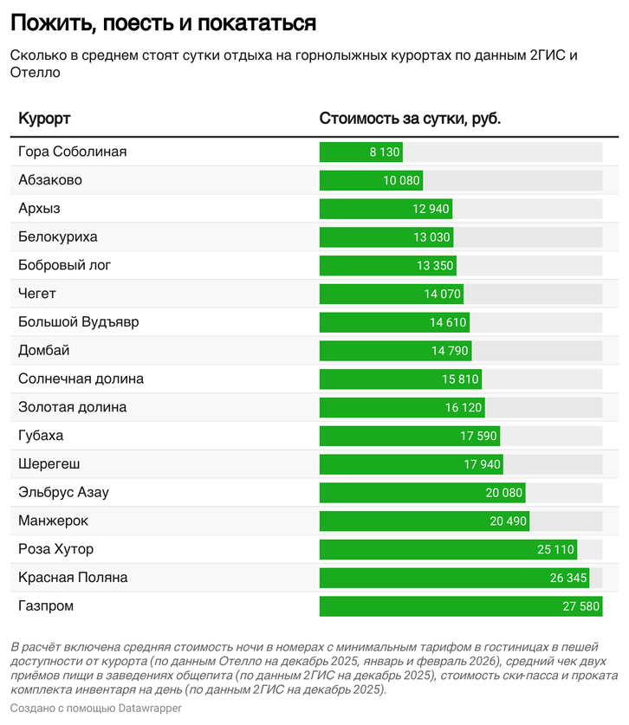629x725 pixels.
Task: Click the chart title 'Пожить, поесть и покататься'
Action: (x=164, y=22)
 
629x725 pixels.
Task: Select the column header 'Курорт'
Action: (x=44, y=118)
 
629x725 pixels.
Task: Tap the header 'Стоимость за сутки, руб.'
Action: (x=410, y=118)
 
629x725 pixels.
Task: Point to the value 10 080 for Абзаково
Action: (x=401, y=181)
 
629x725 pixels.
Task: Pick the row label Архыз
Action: (x=39, y=209)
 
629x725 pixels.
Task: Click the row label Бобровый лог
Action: (x=65, y=265)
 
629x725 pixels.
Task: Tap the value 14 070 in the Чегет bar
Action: (x=442, y=295)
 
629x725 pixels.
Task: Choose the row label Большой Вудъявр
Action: (x=78, y=322)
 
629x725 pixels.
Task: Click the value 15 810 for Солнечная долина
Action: (x=460, y=379)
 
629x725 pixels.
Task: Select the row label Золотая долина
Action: (x=72, y=407)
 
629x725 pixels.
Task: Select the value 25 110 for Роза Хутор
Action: (x=555, y=550)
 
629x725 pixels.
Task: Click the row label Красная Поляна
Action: (x=73, y=578)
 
